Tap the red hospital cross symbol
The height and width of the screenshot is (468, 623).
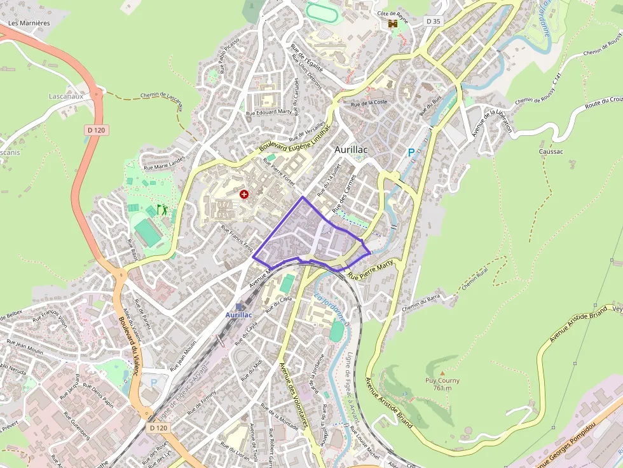244,194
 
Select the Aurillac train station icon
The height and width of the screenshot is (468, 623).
238,306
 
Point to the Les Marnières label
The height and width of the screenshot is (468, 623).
29,23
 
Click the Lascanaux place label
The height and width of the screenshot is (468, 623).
66,97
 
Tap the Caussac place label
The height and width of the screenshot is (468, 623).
551,152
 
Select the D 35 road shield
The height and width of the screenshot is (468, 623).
433,21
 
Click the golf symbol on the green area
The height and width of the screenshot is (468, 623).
162,209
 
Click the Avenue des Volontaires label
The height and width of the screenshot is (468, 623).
293,395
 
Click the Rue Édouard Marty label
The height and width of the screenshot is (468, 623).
268,112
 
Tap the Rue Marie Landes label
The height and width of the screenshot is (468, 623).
164,163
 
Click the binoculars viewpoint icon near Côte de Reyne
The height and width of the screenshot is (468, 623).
393,23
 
